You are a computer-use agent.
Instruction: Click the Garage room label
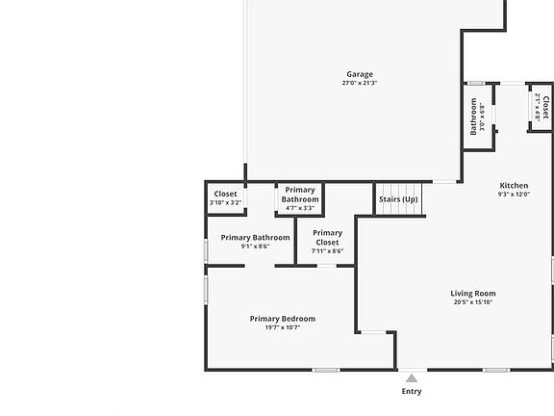[360, 74]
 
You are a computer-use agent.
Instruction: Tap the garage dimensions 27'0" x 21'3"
[360, 84]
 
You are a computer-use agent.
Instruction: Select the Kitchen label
[514, 186]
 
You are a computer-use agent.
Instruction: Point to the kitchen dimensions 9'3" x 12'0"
[514, 195]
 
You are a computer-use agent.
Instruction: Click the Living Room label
[473, 294]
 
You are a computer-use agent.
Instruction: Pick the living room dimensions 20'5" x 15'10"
[473, 302]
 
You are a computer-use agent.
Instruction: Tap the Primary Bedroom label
[282, 319]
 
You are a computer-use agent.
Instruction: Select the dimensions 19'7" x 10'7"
[282, 327]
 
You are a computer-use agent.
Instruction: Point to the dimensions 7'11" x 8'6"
[327, 251]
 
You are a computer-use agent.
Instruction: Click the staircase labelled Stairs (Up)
[398, 199]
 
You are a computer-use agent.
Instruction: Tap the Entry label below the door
[411, 392]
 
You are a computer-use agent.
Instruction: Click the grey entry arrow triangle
[411, 377]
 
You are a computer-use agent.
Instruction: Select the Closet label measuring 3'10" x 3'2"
[225, 195]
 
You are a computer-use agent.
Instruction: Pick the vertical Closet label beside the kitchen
[545, 105]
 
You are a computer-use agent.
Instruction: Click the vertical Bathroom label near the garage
[473, 116]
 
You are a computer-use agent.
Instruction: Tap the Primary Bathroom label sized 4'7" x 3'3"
[300, 195]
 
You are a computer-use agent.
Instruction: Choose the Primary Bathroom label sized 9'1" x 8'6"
[255, 238]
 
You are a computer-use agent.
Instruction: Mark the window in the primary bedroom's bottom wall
[326, 370]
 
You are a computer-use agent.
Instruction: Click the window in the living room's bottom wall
[495, 370]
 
